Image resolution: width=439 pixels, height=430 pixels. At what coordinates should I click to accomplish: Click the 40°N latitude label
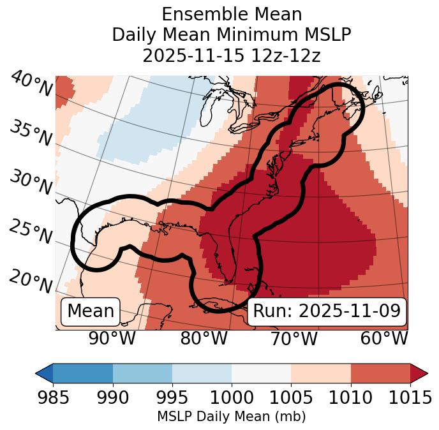[x=31, y=84]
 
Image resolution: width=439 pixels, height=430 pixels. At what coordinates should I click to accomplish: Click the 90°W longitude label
[x=112, y=338]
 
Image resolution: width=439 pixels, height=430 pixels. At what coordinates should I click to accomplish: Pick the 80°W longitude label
[x=204, y=338]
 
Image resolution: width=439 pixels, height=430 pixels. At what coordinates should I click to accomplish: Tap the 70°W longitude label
[x=294, y=338]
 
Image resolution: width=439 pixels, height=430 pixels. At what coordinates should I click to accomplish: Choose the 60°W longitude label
[x=384, y=338]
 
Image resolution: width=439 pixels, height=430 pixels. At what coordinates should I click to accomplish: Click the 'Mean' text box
[x=91, y=311]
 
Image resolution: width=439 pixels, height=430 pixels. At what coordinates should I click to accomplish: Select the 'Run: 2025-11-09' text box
[x=327, y=311]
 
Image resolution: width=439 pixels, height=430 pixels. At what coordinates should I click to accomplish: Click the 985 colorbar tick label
[x=53, y=397]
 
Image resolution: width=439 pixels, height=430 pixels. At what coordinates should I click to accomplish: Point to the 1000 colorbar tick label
[x=232, y=397]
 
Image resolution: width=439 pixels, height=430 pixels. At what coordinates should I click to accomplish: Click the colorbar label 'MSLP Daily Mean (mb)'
[x=231, y=417]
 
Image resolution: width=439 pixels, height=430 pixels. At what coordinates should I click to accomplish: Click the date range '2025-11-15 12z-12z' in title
[x=231, y=56]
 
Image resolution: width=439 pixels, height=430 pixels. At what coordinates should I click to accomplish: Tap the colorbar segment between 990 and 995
[x=142, y=373]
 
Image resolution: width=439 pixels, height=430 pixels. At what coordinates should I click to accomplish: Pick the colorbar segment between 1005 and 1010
[x=320, y=373]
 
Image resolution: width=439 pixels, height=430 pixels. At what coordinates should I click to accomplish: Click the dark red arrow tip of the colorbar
[x=419, y=373]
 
